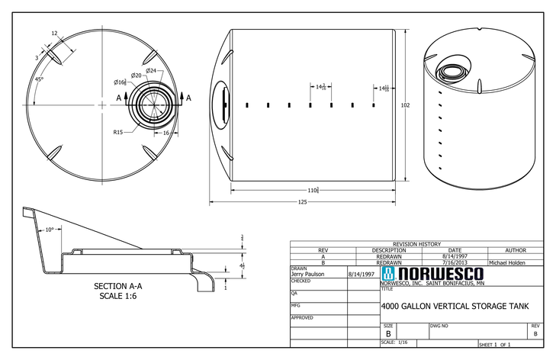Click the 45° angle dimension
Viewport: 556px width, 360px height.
click(x=38, y=79)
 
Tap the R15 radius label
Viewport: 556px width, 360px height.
click(x=118, y=132)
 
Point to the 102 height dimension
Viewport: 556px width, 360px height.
click(x=405, y=105)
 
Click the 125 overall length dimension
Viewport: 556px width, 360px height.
click(x=302, y=202)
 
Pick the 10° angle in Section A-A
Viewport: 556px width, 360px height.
click(x=50, y=229)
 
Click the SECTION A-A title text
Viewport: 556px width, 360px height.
click(x=117, y=287)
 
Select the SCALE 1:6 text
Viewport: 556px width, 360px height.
click(x=117, y=296)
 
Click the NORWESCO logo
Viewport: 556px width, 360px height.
click(x=431, y=273)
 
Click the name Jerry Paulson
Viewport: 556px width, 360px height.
click(x=308, y=273)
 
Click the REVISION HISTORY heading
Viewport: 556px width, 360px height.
click(x=416, y=244)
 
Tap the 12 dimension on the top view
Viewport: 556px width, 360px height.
click(x=54, y=34)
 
